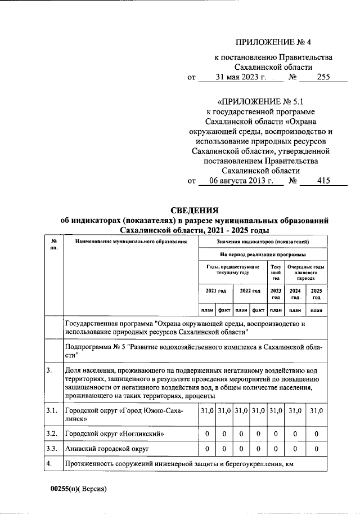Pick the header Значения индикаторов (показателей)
[x=262, y=242]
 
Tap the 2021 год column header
[x=216, y=291]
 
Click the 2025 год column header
[x=316, y=293]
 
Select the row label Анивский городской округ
[x=107, y=449]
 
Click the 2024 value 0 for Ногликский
[x=295, y=434]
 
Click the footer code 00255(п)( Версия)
[x=79, y=489]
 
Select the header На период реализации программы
[x=262, y=254]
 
